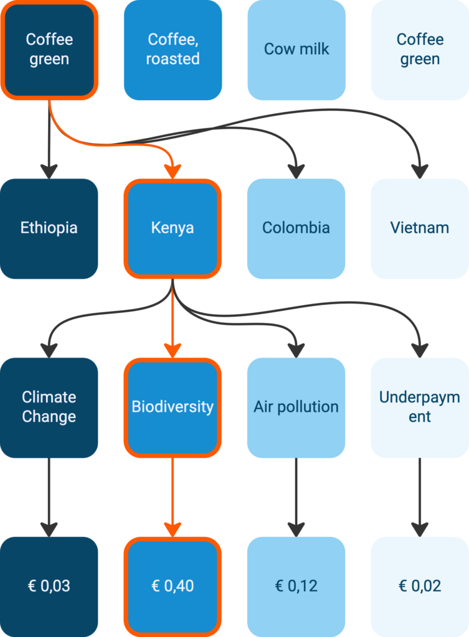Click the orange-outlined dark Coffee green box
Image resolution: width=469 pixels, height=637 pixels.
click(49, 50)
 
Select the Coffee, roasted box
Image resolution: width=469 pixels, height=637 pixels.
click(173, 50)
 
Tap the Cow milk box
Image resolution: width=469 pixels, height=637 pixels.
click(296, 50)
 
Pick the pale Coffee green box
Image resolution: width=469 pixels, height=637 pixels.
click(419, 50)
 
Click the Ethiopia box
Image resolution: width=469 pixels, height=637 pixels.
click(49, 228)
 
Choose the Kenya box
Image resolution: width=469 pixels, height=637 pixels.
click(173, 228)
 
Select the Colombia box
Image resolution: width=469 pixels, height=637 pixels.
click(296, 228)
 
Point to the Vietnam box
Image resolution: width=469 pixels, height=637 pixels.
click(419, 228)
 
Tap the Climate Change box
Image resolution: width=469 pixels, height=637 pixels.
click(49, 407)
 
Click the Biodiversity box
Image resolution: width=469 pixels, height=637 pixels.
click(173, 407)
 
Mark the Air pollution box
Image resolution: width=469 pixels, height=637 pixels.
click(296, 407)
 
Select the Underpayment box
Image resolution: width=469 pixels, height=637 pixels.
click(419, 407)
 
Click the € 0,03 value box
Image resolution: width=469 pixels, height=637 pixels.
click(49, 586)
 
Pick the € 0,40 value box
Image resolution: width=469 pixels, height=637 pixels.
click(173, 586)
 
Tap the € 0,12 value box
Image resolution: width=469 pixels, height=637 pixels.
click(296, 586)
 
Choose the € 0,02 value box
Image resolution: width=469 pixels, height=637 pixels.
click(419, 586)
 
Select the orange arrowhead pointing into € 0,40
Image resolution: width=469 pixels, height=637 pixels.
click(173, 529)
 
